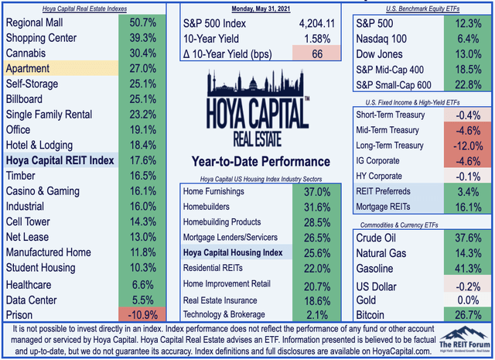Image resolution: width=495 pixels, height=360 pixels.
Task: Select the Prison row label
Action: pos(23,315)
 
